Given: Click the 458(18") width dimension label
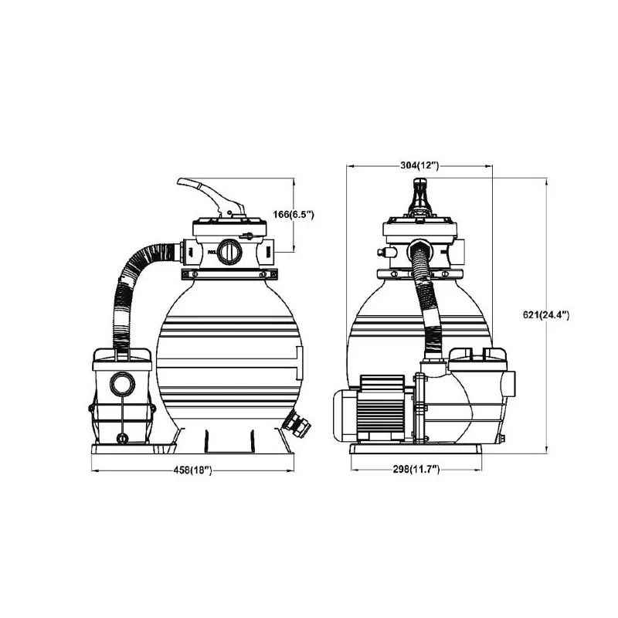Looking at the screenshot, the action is tap(192, 470).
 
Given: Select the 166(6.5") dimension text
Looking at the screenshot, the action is tap(294, 215).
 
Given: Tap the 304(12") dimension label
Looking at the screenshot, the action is tap(419, 165).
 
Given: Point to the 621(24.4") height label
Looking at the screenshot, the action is tap(546, 314).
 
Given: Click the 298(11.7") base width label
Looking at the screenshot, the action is tap(416, 469).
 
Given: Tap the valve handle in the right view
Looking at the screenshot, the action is tap(420, 197).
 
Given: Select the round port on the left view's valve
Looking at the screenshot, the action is tap(229, 252).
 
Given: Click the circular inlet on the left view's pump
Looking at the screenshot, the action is tap(122, 384).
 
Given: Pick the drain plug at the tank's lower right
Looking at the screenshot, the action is tap(297, 424).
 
